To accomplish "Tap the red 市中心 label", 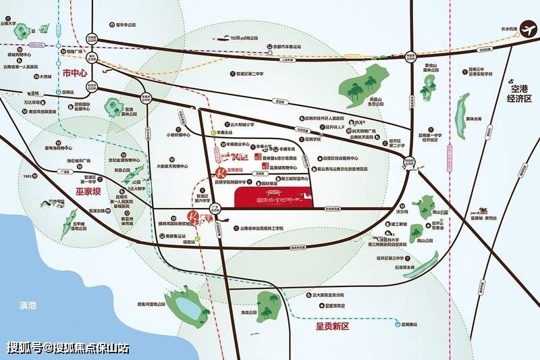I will pos(75,72).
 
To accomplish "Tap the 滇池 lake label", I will pos(28,306).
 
